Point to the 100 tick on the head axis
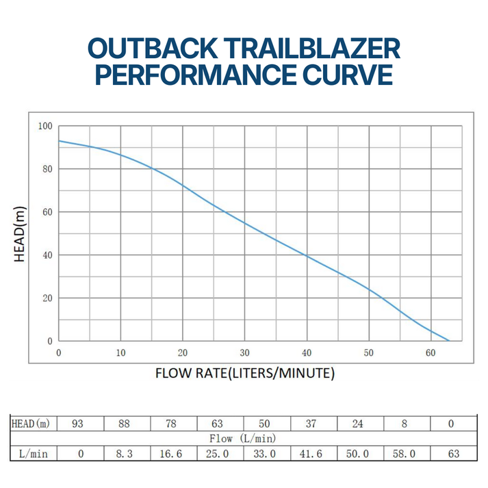[45, 126]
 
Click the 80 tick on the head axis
[47, 169]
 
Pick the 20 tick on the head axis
[47, 298]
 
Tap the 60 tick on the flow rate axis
[431, 353]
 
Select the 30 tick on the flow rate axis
[244, 353]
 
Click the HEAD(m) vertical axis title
[21, 233]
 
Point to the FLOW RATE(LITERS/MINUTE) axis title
[244, 374]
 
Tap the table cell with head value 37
[311, 424]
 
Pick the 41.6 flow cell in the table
[311, 453]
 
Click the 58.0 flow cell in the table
[404, 453]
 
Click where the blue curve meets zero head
[449, 340]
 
